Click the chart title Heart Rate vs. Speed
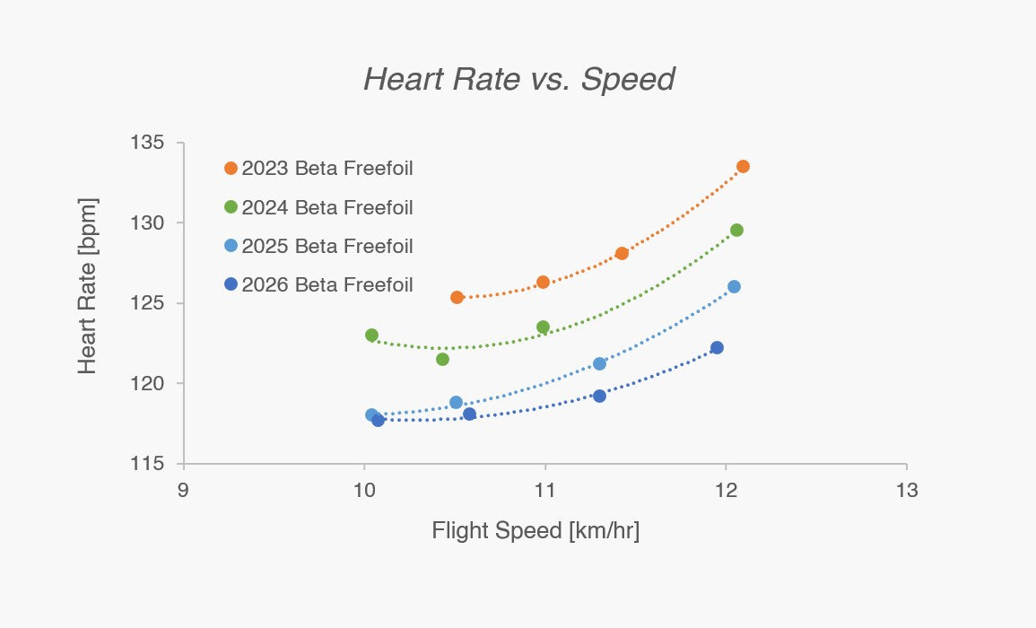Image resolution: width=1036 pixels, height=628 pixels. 519,79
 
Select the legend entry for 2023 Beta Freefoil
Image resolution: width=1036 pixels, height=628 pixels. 318,169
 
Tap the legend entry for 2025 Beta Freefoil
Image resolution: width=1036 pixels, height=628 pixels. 318,246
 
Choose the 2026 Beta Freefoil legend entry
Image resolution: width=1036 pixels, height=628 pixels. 318,285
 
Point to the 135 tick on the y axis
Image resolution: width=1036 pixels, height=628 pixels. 147,142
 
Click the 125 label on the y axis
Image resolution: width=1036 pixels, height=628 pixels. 147,302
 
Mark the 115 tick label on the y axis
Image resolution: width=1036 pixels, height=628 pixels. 147,464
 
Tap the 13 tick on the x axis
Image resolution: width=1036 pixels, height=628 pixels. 907,491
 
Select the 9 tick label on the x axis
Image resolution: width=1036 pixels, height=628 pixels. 183,491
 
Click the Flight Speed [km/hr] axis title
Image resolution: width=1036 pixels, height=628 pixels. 535,531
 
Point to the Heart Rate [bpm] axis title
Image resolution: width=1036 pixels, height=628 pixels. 87,286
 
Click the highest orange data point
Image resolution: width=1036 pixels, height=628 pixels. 743,167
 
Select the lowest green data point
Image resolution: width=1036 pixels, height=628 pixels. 443,360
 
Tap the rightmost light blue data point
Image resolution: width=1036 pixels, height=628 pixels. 734,287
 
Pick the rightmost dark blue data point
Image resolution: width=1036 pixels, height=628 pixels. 717,348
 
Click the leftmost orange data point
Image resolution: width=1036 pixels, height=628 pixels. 457,298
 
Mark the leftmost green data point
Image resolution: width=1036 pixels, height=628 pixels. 372,336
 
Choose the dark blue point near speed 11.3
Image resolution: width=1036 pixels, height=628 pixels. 599,396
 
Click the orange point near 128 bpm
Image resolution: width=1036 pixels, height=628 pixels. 622,253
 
